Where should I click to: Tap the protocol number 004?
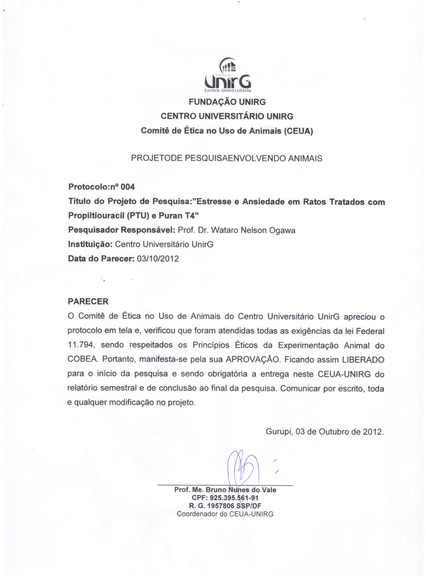[128, 187]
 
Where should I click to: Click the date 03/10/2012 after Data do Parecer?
[158, 259]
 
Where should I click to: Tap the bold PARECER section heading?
[88, 302]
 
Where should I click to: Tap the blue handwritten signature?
[244, 469]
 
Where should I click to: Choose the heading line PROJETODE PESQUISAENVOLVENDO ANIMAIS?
[227, 158]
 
